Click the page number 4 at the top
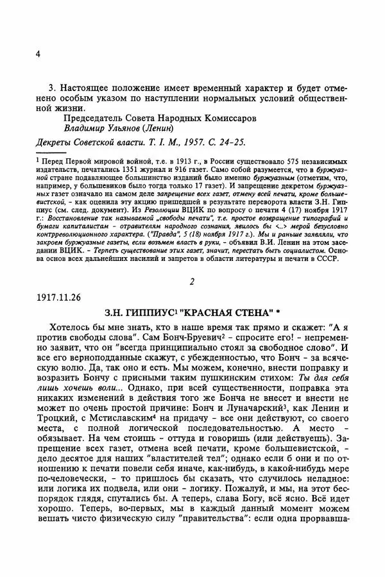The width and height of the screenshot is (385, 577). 38,54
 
